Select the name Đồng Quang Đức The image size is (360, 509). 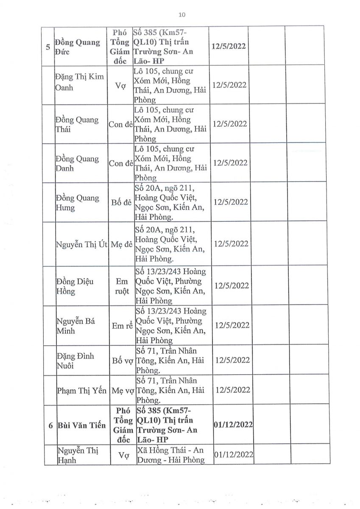pyautogui.click(x=78, y=47)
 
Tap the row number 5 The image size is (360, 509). pyautogui.click(x=48, y=47)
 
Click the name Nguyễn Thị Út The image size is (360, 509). pyautogui.click(x=81, y=244)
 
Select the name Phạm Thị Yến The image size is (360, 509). pyautogui.click(x=81, y=390)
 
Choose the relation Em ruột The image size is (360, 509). pyautogui.click(x=121, y=286)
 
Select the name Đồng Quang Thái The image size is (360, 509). pyautogui.click(x=77, y=124)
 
